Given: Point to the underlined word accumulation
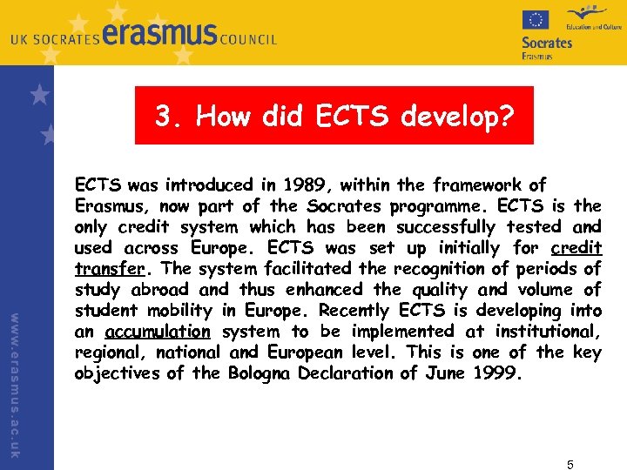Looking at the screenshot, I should click(158, 332).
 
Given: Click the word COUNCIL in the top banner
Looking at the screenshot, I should click(248, 39).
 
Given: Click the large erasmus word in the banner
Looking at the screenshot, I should click(160, 36).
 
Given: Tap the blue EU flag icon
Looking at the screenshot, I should click(535, 19).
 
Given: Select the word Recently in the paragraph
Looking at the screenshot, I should click(355, 311).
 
